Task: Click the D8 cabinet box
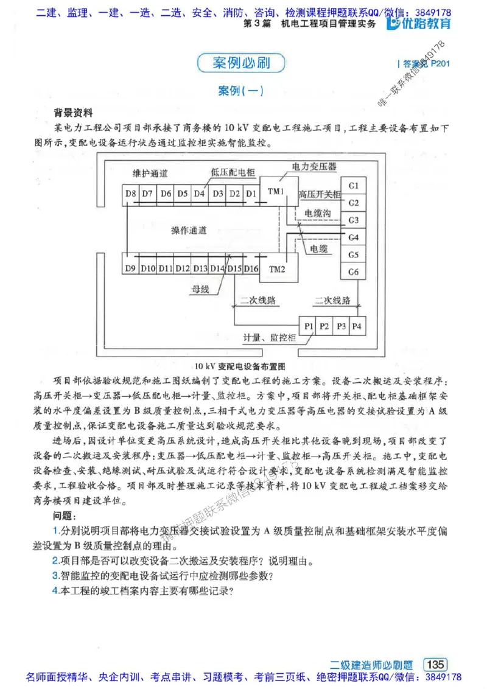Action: click(x=130, y=194)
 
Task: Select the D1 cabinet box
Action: click(x=251, y=194)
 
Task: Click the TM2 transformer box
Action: click(x=277, y=269)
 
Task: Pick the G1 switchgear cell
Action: click(x=353, y=185)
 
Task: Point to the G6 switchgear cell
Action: click(x=353, y=271)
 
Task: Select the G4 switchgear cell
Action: click(x=353, y=237)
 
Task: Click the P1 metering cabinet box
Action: click(x=309, y=326)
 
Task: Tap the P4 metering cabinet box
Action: click(x=356, y=326)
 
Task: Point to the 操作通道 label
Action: click(x=189, y=231)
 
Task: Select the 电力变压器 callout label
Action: click(x=314, y=166)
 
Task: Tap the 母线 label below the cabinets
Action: click(x=200, y=290)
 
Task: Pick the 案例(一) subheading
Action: click(x=240, y=91)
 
